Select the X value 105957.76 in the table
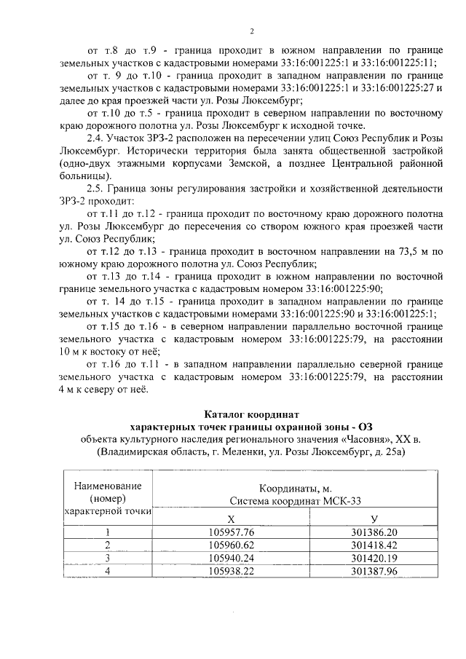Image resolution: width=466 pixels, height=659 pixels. [230, 532]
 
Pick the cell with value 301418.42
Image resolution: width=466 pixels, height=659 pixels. [374, 544]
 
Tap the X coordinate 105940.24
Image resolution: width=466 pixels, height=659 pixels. [230, 557]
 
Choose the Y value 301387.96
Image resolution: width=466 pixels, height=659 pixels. [374, 570]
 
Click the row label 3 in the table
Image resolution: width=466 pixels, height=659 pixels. [108, 557]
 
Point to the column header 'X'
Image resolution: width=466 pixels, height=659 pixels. [230, 518]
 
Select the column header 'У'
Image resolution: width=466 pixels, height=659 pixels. [374, 518]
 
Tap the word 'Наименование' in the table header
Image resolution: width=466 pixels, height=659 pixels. [108, 486]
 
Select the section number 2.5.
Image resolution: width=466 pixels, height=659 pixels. [95, 189]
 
